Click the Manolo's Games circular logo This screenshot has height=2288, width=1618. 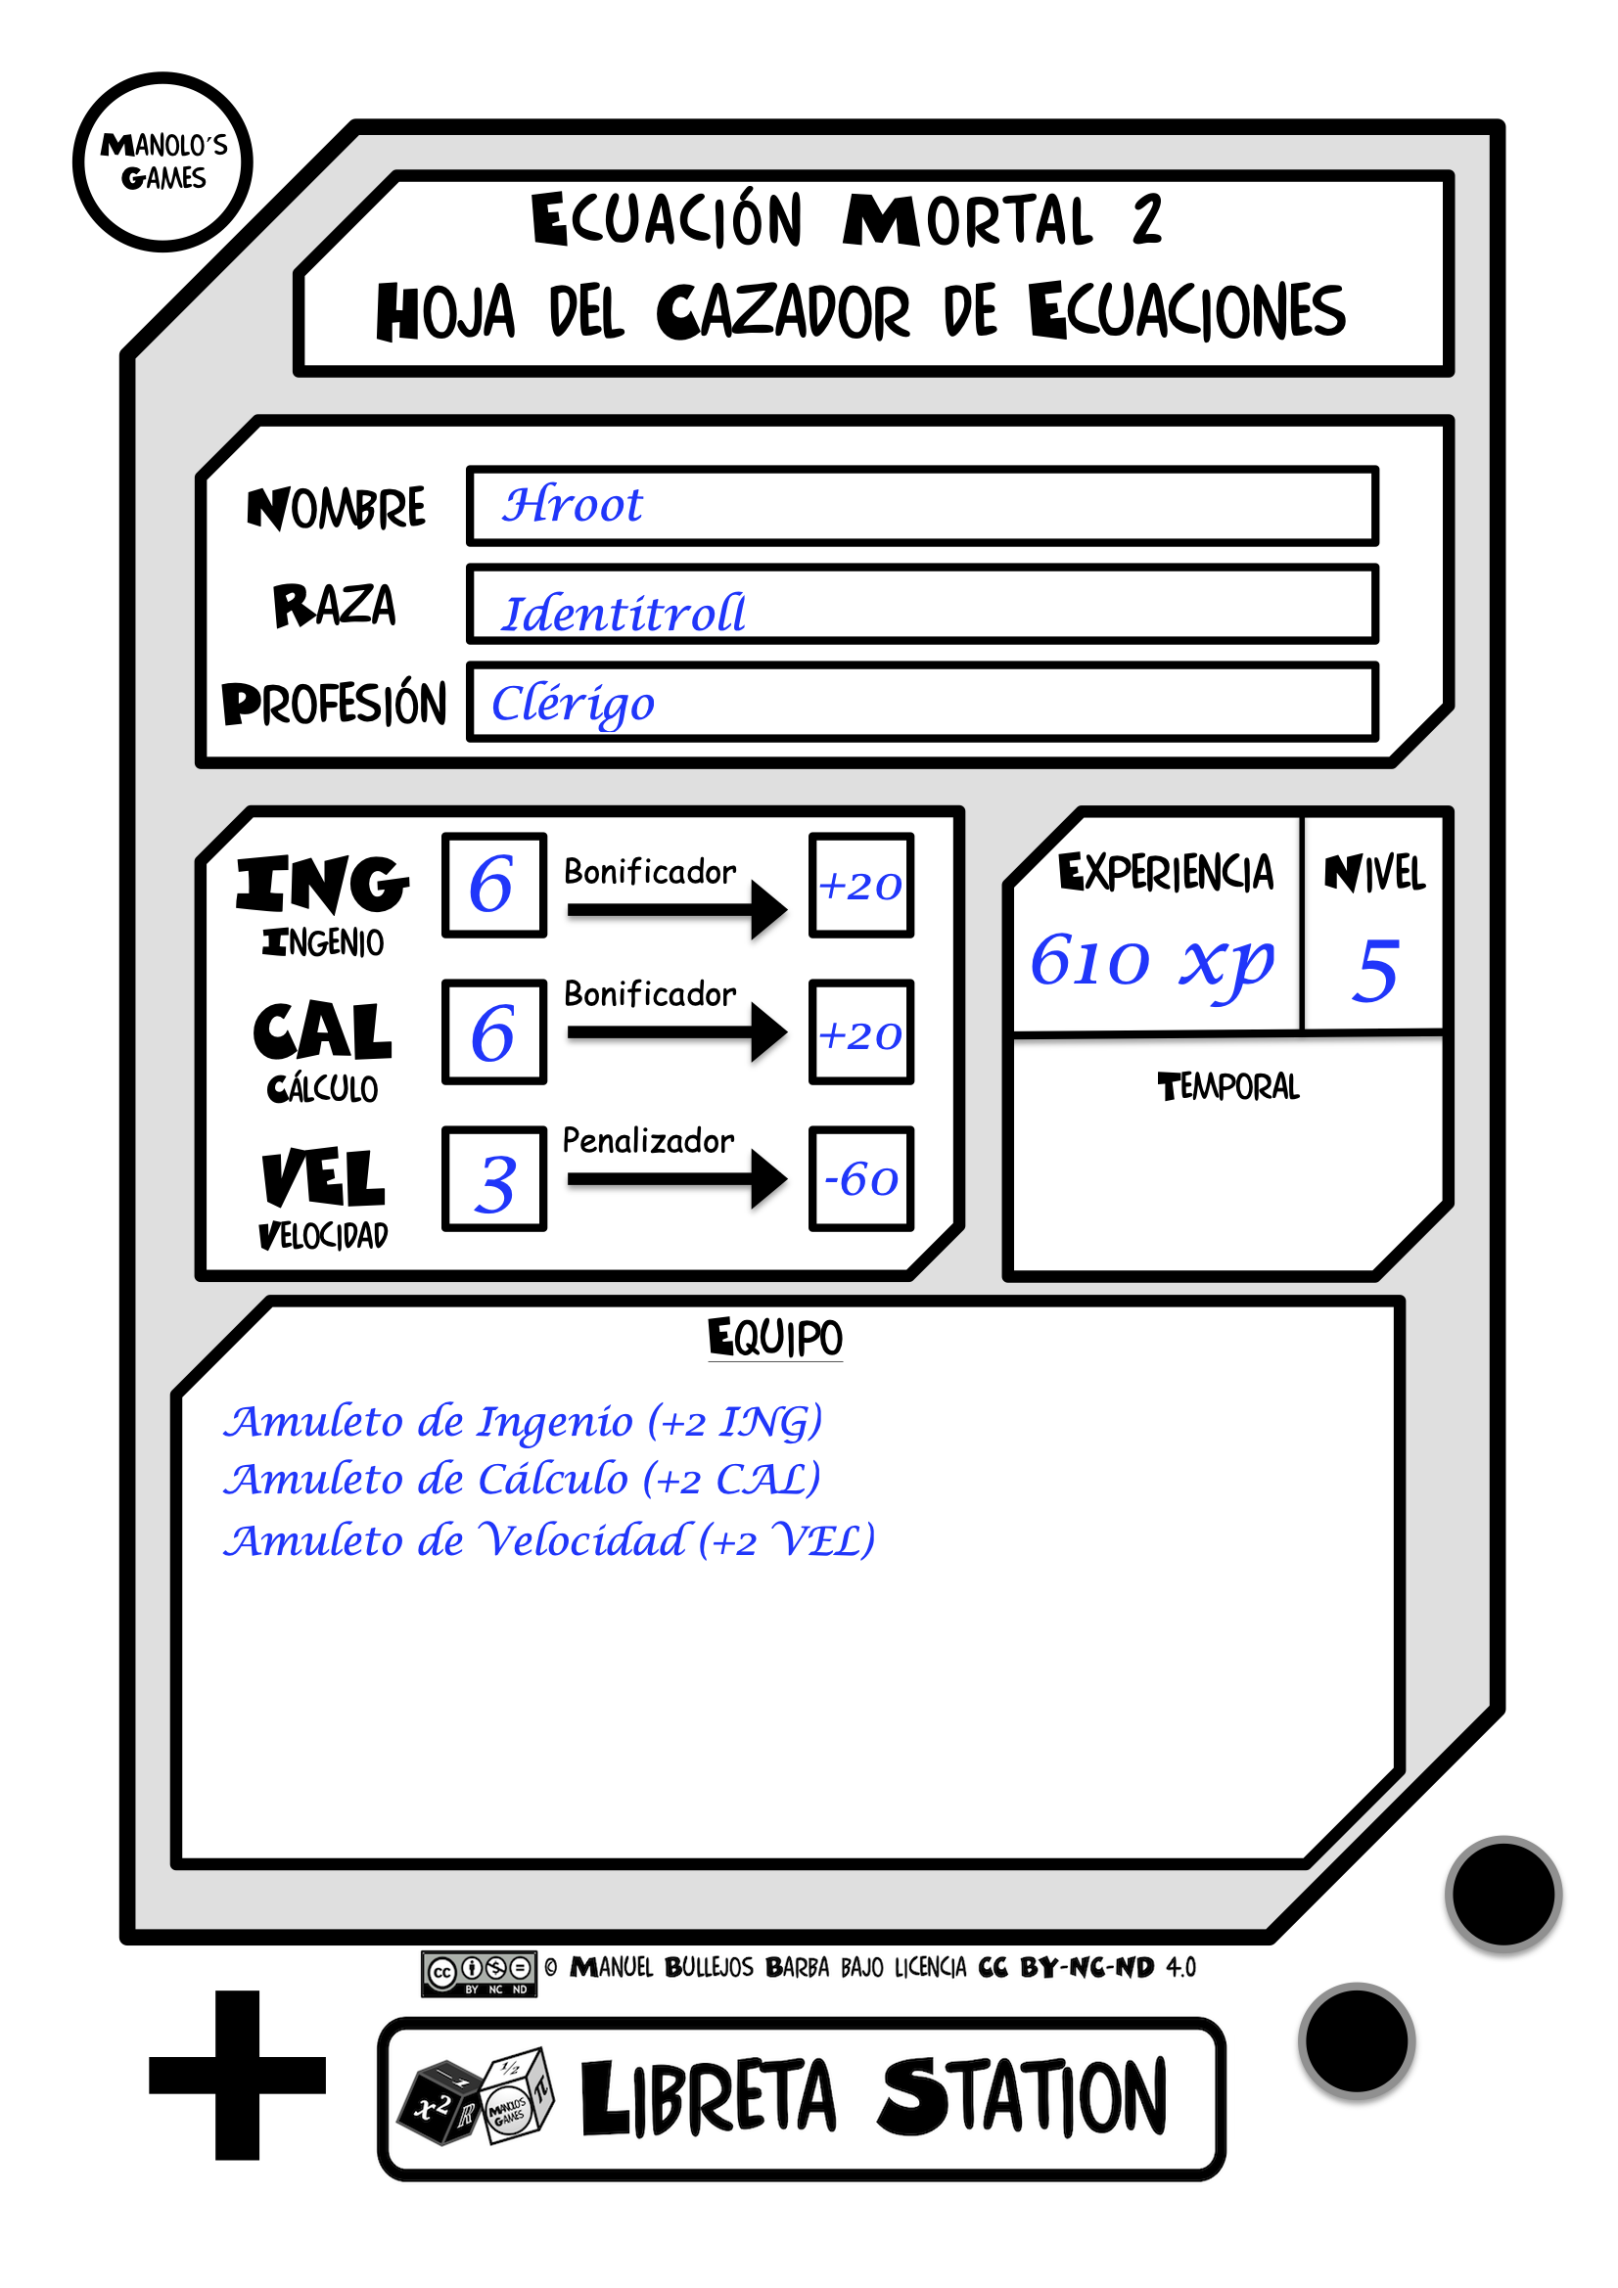162,161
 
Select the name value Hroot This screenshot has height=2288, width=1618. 573,505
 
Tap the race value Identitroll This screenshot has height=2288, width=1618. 624,613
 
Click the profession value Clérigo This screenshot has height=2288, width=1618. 574,704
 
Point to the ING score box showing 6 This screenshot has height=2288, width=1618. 493,885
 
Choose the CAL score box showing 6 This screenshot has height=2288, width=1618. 493,1031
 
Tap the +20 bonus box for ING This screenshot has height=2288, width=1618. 861,885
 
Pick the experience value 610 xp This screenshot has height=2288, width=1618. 1151,963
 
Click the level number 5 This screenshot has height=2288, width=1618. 1374,970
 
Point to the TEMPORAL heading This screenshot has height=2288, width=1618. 1228,1086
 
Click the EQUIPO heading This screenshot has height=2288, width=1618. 774,1338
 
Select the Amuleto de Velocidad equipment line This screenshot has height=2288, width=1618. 549,1540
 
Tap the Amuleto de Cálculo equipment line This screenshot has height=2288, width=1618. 522,1480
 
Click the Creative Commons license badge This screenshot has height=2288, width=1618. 479,1973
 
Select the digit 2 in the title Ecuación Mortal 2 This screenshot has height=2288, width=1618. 1147,220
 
